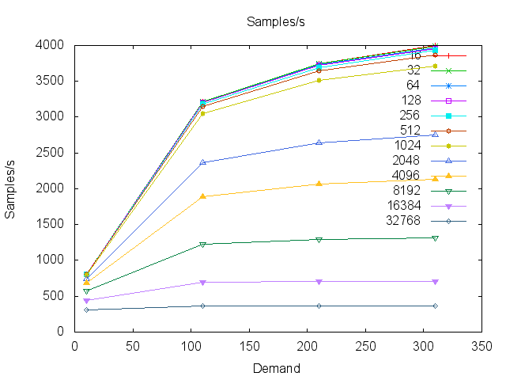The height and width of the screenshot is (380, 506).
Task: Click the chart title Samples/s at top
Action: click(x=275, y=21)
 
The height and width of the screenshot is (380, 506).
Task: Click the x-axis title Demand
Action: click(x=276, y=368)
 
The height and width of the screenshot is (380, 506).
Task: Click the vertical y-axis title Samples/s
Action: click(x=12, y=188)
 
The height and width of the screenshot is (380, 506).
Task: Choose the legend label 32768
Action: click(x=425, y=221)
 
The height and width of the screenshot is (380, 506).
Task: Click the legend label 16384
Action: click(x=425, y=206)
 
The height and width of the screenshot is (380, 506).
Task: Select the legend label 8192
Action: click(x=429, y=191)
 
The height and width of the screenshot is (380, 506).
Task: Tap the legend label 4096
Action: click(x=429, y=176)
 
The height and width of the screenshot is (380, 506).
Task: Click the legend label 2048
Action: click(x=429, y=161)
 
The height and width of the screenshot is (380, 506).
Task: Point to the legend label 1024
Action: click(x=429, y=146)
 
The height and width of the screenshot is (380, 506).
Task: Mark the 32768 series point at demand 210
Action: click(x=319, y=306)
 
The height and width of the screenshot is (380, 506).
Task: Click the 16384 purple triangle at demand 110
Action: click(x=202, y=283)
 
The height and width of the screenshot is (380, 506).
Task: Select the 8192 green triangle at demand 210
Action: click(x=319, y=239)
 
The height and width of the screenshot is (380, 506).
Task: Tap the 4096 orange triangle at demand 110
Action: click(x=202, y=196)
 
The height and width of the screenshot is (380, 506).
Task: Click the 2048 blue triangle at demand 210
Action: click(x=319, y=142)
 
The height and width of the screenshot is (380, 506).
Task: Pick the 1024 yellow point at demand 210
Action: click(x=319, y=80)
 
